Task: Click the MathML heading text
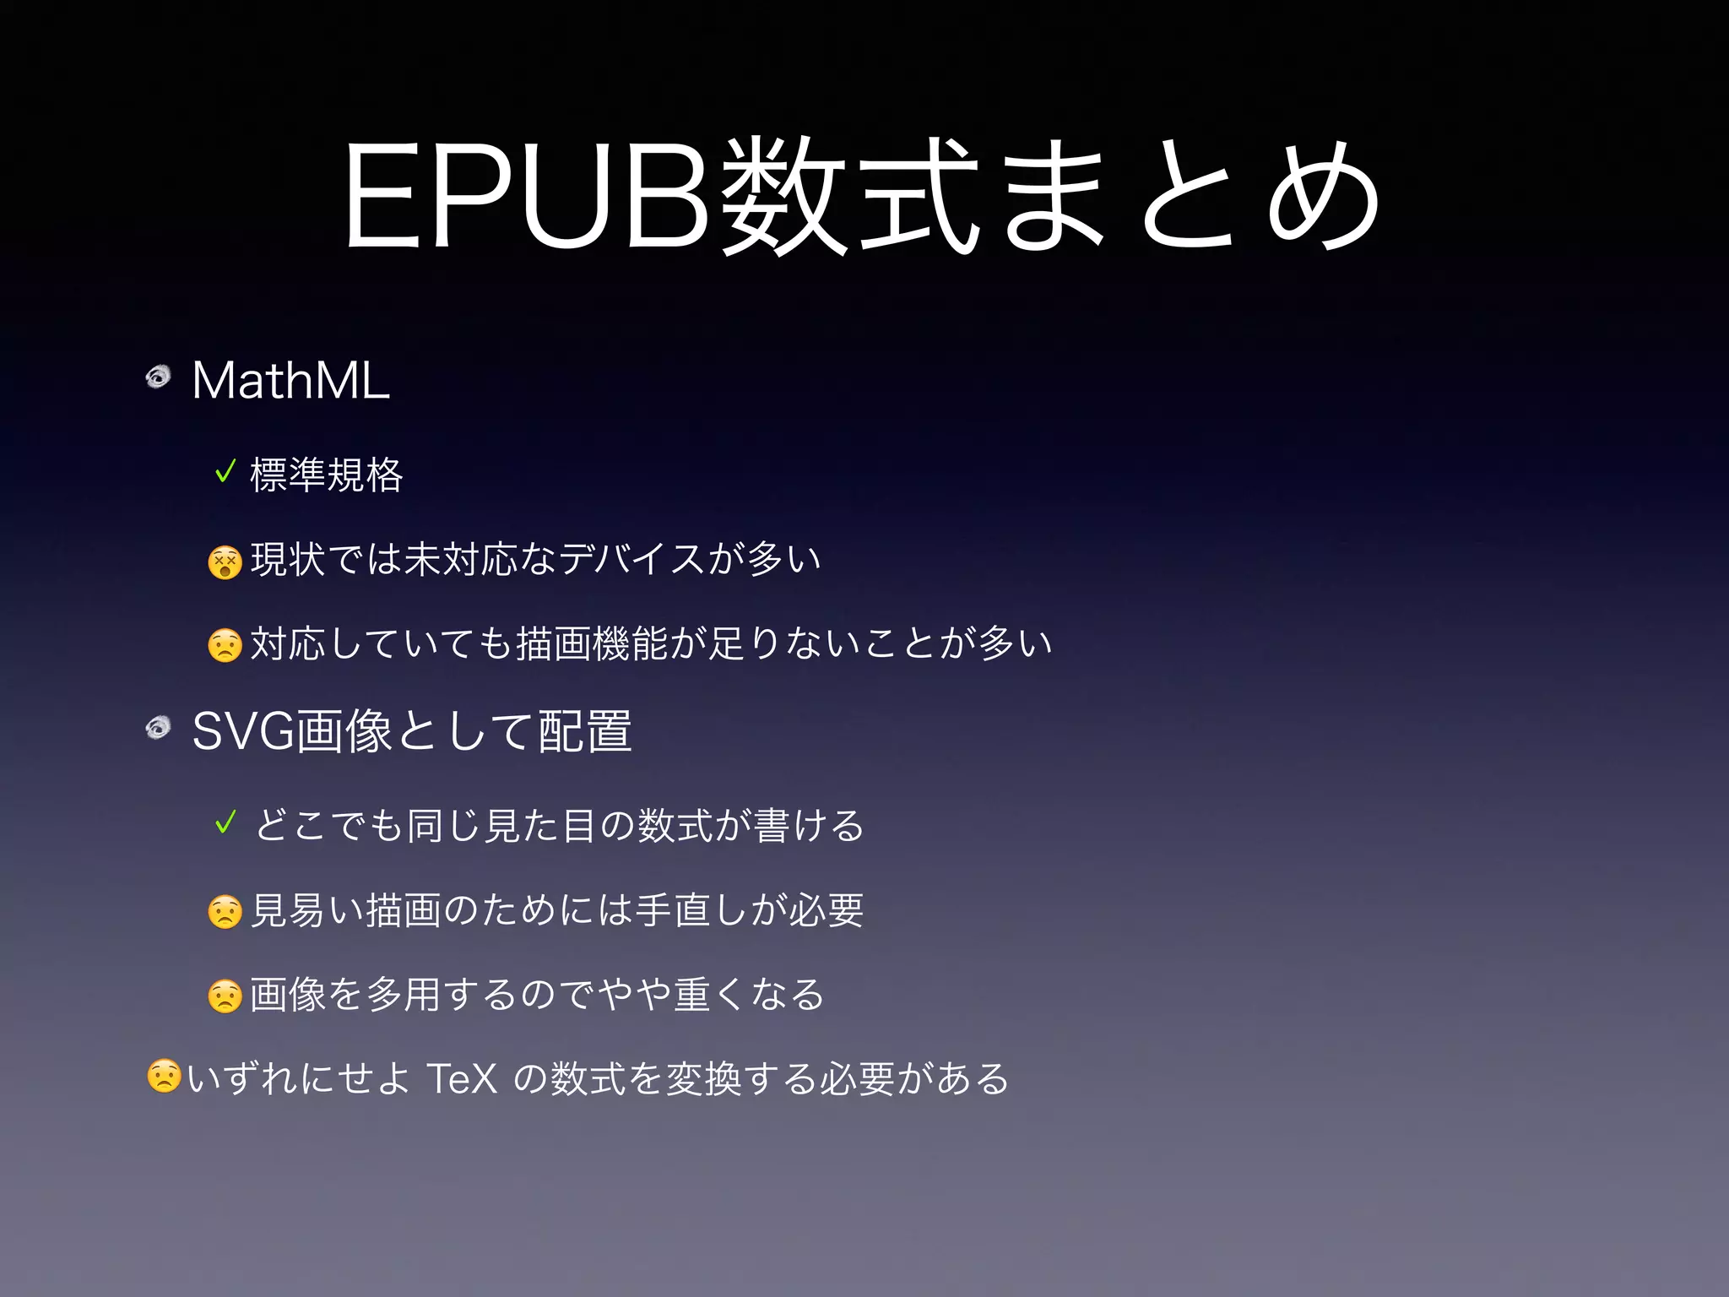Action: click(x=290, y=380)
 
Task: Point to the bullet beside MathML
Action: click(x=158, y=376)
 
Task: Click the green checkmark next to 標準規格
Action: click(x=225, y=471)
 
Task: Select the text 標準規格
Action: click(x=327, y=475)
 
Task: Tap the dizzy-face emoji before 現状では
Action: click(x=225, y=562)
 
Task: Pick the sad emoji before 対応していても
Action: click(x=225, y=646)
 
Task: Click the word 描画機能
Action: click(x=591, y=643)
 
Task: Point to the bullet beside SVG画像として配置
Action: click(x=158, y=727)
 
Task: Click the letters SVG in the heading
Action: click(x=243, y=731)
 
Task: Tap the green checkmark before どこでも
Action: click(x=225, y=822)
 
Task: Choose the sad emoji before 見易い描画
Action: click(x=225, y=912)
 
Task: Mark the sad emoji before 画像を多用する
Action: click(x=225, y=996)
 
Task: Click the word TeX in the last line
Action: click(x=462, y=1078)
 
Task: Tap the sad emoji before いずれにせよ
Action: click(x=164, y=1077)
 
